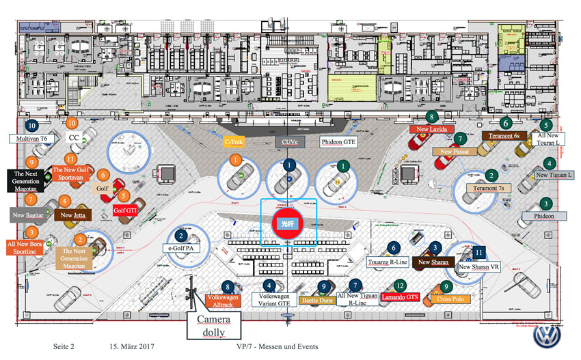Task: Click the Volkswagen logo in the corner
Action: click(x=547, y=335)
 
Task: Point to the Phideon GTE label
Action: click(x=339, y=142)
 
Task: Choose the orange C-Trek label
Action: click(x=234, y=142)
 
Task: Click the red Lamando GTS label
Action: click(x=399, y=298)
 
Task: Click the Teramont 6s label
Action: click(x=504, y=136)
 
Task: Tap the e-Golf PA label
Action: click(x=180, y=248)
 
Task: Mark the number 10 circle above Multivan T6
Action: click(x=31, y=126)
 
